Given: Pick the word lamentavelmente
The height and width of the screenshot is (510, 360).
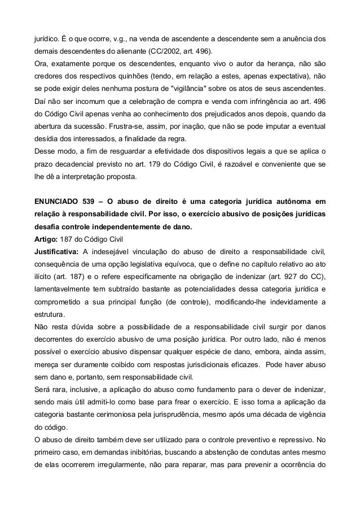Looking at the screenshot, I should coord(62,288).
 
